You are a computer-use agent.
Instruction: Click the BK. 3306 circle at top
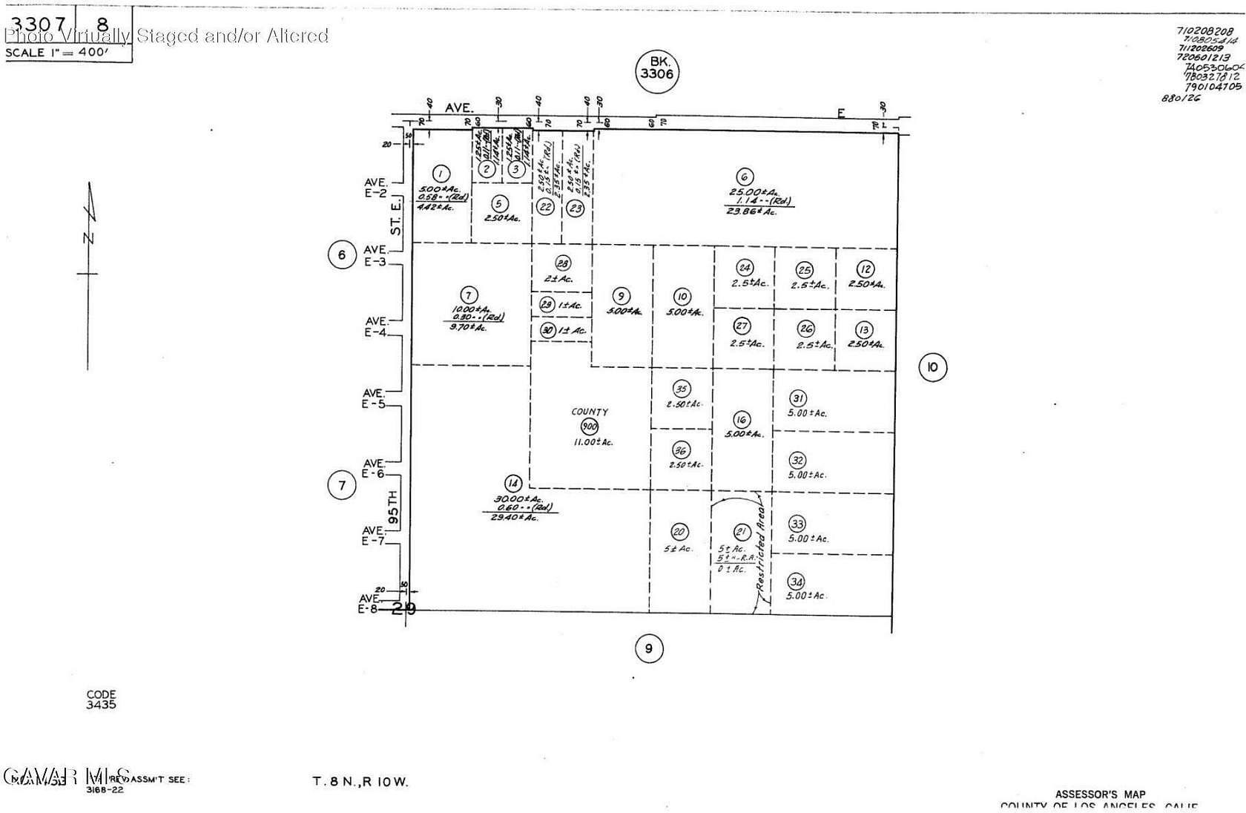[x=657, y=73]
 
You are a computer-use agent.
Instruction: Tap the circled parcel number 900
[x=590, y=427]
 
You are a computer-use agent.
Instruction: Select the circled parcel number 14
[x=512, y=484]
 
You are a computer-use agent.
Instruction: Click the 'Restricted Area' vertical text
[x=762, y=555]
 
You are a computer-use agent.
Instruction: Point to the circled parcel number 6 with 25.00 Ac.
[x=744, y=177]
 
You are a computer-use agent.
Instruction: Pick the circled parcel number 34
[x=797, y=582]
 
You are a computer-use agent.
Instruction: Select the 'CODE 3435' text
[x=101, y=700]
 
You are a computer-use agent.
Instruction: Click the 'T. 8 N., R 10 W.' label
[x=360, y=782]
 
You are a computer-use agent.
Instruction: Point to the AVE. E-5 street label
[x=375, y=398]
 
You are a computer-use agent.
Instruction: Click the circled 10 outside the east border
[x=933, y=366]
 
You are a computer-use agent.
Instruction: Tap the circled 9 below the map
[x=649, y=649]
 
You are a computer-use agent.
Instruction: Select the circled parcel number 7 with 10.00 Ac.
[x=468, y=295]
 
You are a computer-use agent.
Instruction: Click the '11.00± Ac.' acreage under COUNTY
[x=593, y=443]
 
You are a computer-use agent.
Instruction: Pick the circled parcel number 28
[x=563, y=263]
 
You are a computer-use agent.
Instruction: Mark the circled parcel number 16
[x=741, y=420]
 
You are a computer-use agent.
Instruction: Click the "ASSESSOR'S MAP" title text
[x=1100, y=794]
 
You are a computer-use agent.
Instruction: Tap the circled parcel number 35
[x=682, y=389]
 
